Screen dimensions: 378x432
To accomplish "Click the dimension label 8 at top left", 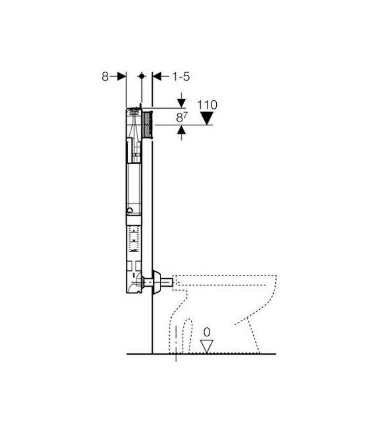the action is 105,76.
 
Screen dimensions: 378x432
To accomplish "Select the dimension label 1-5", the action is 181,76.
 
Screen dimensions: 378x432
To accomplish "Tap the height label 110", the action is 208,105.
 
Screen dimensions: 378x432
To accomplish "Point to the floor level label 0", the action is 207,332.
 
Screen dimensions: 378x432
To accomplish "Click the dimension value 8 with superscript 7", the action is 182,117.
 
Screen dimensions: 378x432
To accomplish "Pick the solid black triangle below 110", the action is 207,118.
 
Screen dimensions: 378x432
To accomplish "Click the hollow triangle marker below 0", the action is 207,346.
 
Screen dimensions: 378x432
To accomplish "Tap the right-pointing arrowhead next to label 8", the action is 121,76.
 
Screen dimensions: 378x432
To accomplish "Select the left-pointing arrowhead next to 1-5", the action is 157,76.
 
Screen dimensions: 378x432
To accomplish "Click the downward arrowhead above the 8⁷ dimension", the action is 181,104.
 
